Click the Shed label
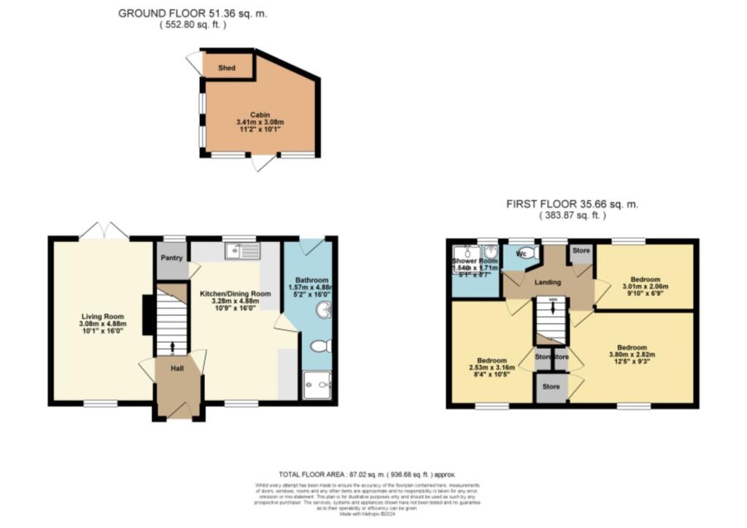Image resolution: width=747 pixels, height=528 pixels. click(227, 68)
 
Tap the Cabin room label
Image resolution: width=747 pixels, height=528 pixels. click(260, 115)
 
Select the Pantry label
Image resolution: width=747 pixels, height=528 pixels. click(172, 257)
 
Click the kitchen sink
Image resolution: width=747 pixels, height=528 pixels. click(243, 252)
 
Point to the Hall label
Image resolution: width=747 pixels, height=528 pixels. click(177, 368)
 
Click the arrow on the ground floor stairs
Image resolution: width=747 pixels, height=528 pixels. click(173, 346)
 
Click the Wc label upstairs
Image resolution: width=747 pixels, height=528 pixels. click(521, 254)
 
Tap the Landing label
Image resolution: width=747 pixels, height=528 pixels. click(548, 282)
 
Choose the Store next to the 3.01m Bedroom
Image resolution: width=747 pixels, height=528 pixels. click(581, 251)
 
